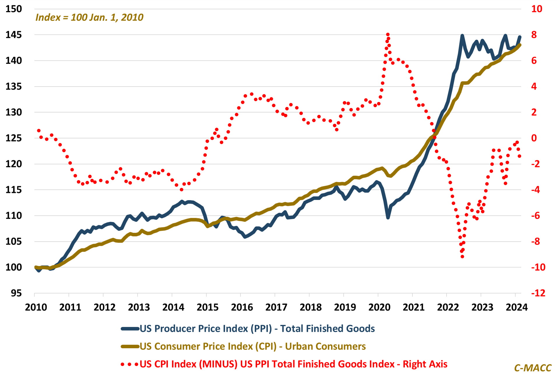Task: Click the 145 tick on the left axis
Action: tap(14, 35)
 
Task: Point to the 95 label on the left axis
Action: tap(16, 293)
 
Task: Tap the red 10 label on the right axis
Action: tap(537, 9)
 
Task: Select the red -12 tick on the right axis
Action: tap(538, 293)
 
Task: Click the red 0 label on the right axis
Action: tap(534, 138)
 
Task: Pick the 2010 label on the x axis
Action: tap(36, 307)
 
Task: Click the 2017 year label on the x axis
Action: tap(276, 307)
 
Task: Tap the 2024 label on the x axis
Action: tap(516, 307)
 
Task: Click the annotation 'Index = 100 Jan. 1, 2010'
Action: tap(89, 17)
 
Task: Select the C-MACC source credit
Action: tap(533, 368)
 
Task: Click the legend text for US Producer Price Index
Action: tap(257, 329)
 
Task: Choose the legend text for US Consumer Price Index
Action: tap(252, 346)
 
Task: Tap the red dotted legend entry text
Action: tap(293, 364)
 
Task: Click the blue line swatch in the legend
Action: tap(130, 329)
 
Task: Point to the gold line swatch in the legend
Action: tap(130, 347)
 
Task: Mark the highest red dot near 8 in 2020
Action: tap(388, 35)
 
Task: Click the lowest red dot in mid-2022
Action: tap(462, 257)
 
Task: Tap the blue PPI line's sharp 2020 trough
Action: tap(388, 218)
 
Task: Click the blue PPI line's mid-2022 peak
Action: tap(462, 36)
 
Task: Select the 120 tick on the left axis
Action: tap(14, 164)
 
